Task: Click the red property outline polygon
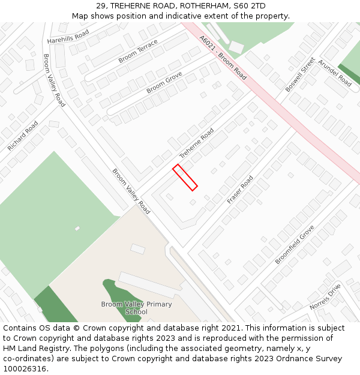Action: pos(185,178)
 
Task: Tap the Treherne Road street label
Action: pos(196,143)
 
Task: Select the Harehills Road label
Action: pos(68,37)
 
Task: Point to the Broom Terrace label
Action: pos(138,51)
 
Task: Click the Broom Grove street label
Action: pos(164,82)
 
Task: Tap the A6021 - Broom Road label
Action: pos(223,58)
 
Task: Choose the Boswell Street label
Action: pos(300,74)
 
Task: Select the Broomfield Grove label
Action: pos(295,245)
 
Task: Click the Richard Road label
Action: pos(23,136)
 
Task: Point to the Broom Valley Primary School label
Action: pos(136,308)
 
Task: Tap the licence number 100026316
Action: pos(25,368)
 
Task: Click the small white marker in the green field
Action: pos(77,228)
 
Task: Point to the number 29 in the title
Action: pos(101,6)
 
